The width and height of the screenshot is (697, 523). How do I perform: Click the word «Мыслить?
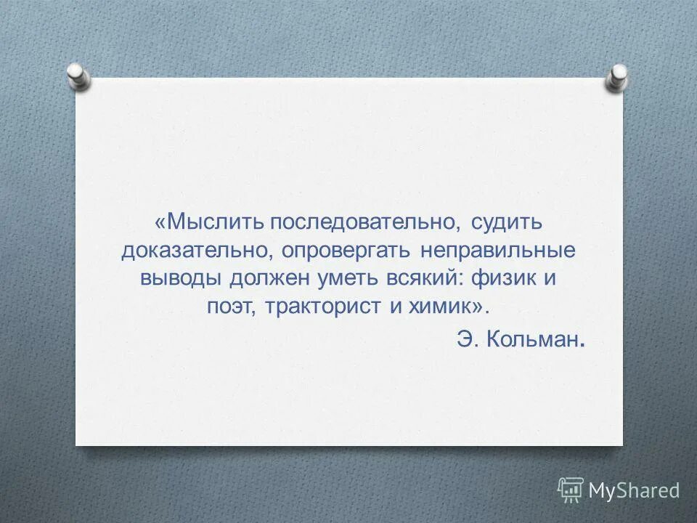point(209,222)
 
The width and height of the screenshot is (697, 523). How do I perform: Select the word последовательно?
point(364,222)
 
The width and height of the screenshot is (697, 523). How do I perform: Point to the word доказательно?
point(197,250)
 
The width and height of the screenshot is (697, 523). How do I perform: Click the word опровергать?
point(345,250)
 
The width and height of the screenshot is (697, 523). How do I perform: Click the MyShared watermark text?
point(634,490)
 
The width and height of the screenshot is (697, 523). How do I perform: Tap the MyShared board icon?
point(571,490)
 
